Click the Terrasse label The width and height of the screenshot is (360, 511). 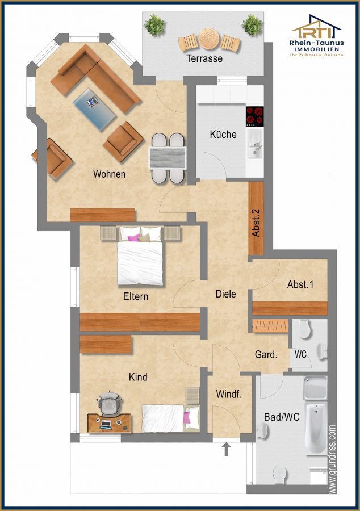coord(204,58)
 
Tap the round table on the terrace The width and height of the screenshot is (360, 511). coord(208,39)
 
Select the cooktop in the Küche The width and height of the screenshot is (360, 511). coord(254,116)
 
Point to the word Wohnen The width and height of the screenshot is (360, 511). coord(109,174)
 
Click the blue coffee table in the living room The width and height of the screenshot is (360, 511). coord(94,109)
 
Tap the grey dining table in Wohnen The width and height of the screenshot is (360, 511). coord(167,158)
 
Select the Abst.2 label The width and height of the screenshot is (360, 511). coord(256,223)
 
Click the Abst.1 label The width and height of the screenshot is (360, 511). coord(300,284)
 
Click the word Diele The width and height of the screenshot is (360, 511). coord(226,294)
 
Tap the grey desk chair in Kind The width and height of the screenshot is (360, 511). coord(109,404)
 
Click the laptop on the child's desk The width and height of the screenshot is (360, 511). coord(106,424)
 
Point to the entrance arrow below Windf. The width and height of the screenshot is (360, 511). coord(226,449)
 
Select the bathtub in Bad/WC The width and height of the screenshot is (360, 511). coord(316,429)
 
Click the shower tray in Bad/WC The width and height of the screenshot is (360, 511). coord(315,388)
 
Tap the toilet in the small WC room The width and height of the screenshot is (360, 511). coord(304,329)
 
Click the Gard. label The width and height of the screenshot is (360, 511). coord(266,354)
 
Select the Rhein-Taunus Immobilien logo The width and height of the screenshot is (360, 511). coord(316,36)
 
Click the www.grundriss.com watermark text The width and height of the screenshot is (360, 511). coord(332,459)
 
